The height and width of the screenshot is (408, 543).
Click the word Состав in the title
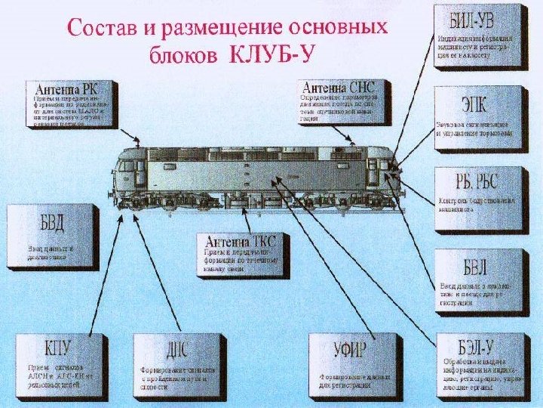click(103, 29)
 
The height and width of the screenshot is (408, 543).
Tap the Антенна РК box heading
click(66, 88)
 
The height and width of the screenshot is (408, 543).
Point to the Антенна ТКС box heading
click(241, 242)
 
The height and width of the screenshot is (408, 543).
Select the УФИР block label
click(350, 351)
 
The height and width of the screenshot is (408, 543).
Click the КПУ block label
click(57, 349)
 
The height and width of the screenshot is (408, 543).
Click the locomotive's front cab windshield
click(385, 162)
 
